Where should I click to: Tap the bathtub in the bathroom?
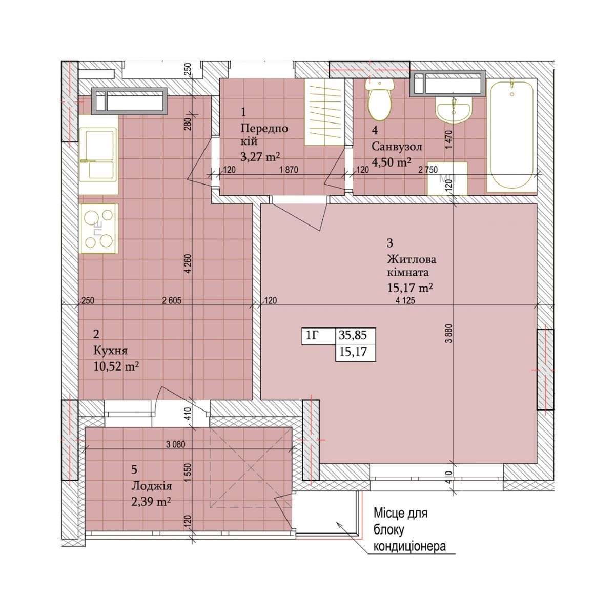(511, 135)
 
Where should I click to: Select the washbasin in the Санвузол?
(453, 110)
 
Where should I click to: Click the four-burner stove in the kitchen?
(99, 229)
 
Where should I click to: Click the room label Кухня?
(110, 351)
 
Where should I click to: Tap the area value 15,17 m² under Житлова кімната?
(410, 288)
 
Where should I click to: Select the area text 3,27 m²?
(260, 157)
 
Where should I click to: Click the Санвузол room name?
(397, 147)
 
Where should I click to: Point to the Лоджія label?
(152, 486)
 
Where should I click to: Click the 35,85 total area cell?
(353, 335)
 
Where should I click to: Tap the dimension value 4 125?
(405, 300)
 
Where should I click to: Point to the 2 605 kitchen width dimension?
(172, 300)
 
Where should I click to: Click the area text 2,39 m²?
(151, 502)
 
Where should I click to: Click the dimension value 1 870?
(289, 170)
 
